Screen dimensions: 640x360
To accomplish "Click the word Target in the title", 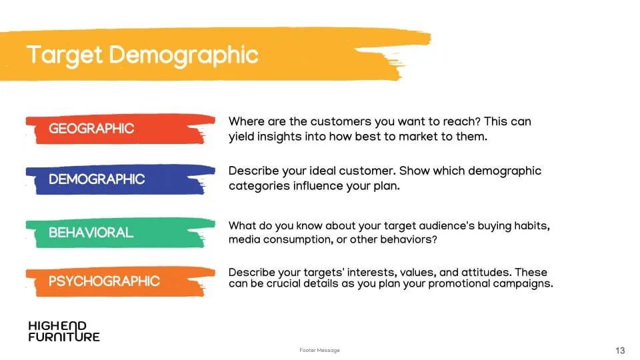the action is pos(65,56).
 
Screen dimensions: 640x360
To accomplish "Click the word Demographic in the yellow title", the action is pos(184,56).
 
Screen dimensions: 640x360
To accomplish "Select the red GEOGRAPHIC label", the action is pos(91,129).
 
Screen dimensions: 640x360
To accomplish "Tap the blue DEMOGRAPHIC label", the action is pos(97,179).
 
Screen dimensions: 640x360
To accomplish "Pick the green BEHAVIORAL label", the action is pos(91,233).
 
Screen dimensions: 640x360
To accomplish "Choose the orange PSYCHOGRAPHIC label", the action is pos(104,281).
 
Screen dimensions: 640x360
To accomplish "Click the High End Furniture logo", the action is pos(64,331).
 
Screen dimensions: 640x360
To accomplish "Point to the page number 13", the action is pos(620,351).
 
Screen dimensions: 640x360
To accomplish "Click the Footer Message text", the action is pos(319,350).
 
